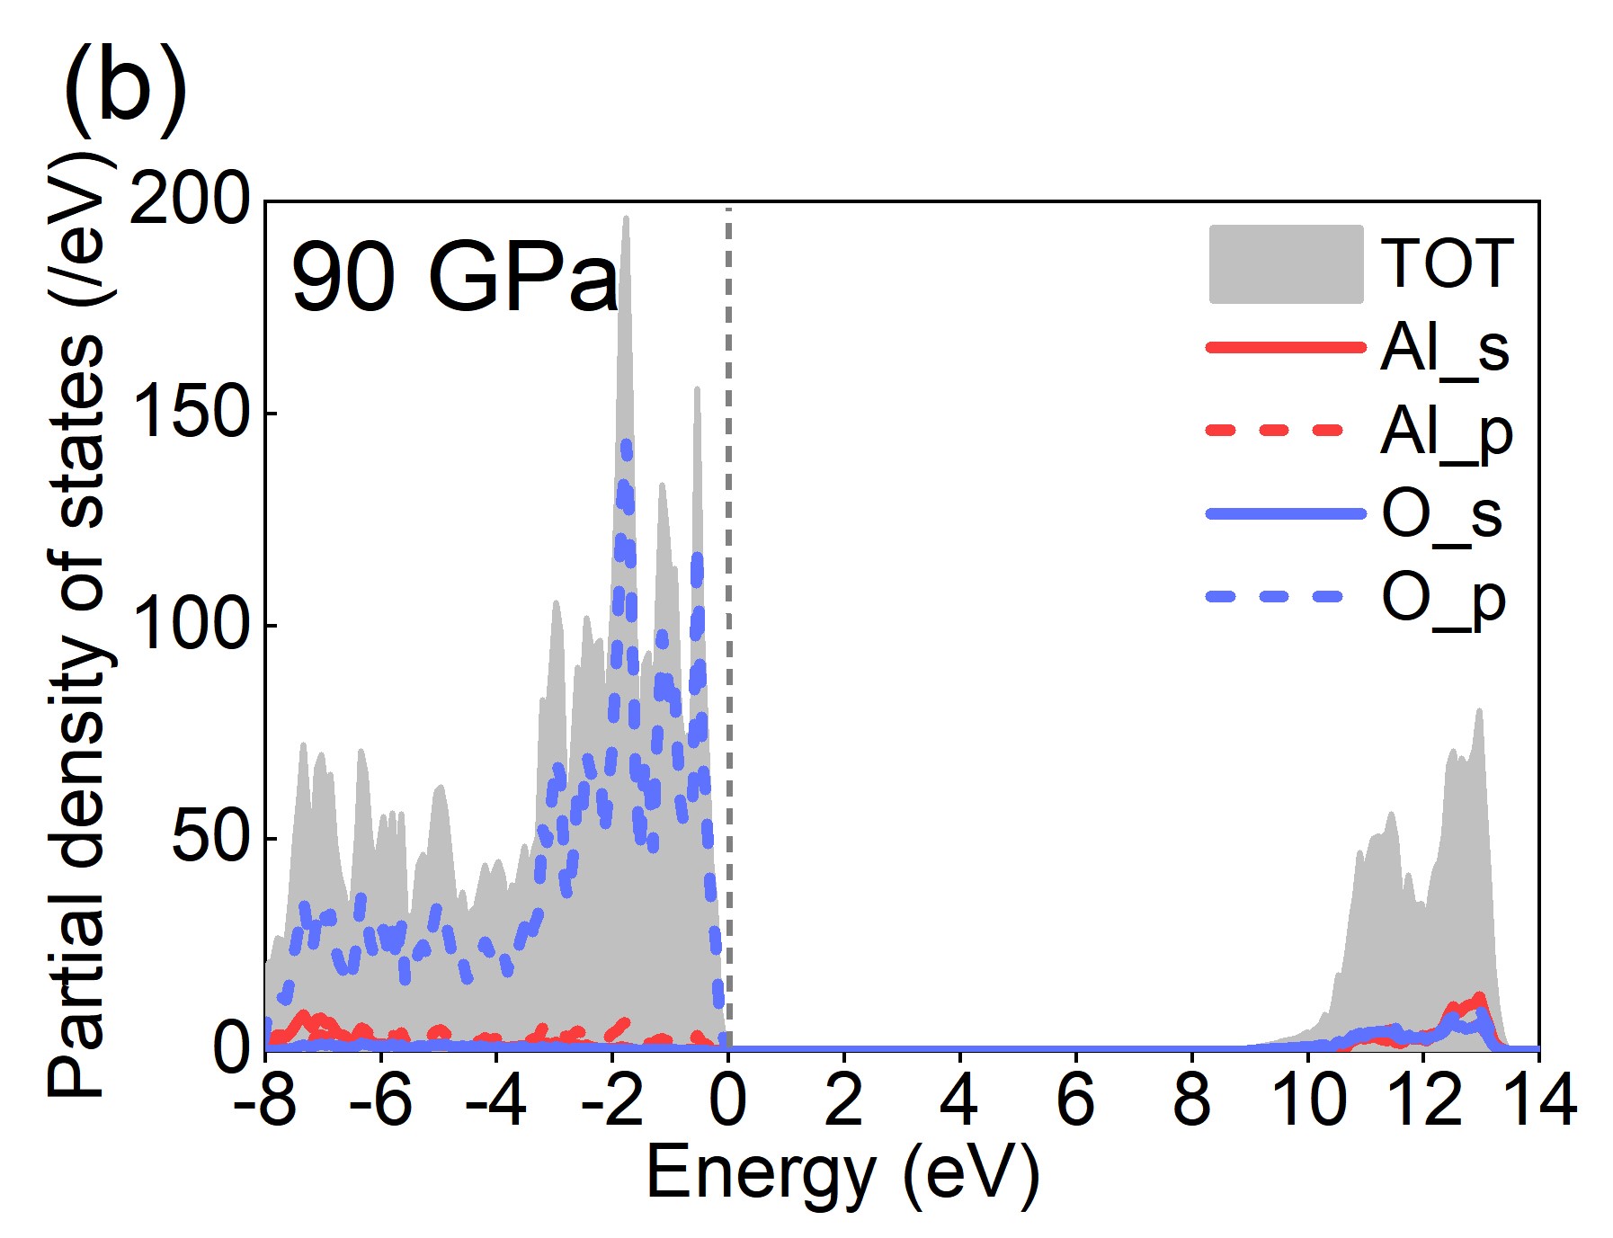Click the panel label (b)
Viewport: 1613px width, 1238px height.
[x=125, y=90]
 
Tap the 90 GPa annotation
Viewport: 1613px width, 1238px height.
[x=455, y=277]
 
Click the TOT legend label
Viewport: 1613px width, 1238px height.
[x=1447, y=264]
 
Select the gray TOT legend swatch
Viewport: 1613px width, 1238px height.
[x=1286, y=264]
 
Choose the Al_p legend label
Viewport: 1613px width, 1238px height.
[x=1447, y=433]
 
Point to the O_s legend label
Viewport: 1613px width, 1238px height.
[x=1441, y=515]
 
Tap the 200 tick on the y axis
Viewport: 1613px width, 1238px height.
[x=189, y=200]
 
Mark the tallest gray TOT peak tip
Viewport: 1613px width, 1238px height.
[x=626, y=218]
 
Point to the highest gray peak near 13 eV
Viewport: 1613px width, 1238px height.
[x=1478, y=711]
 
